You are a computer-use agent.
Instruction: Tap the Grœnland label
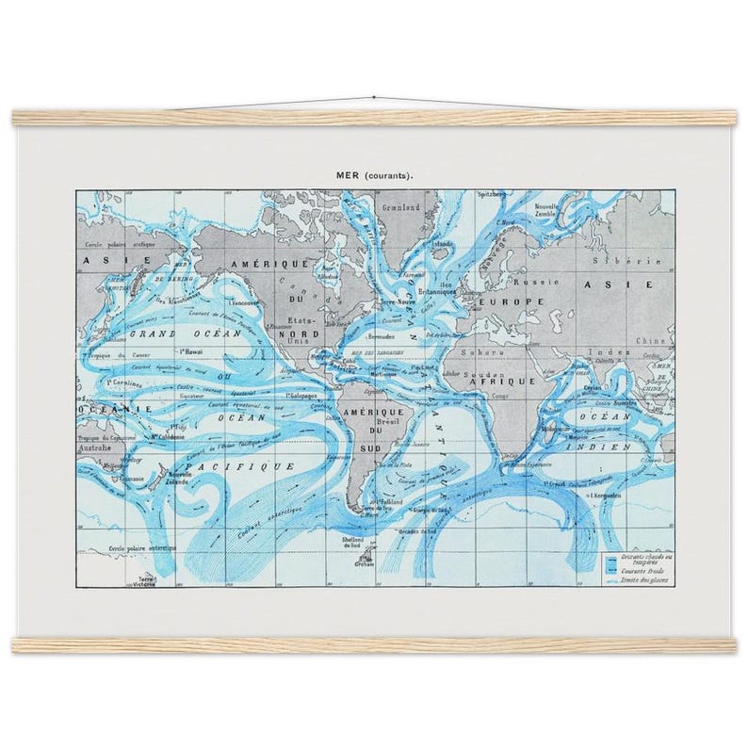(x=396, y=206)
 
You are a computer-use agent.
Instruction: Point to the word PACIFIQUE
(x=239, y=465)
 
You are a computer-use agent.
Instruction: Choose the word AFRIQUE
(x=511, y=382)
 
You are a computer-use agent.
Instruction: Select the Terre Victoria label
(x=145, y=580)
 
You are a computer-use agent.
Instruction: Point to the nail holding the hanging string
(x=373, y=97)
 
